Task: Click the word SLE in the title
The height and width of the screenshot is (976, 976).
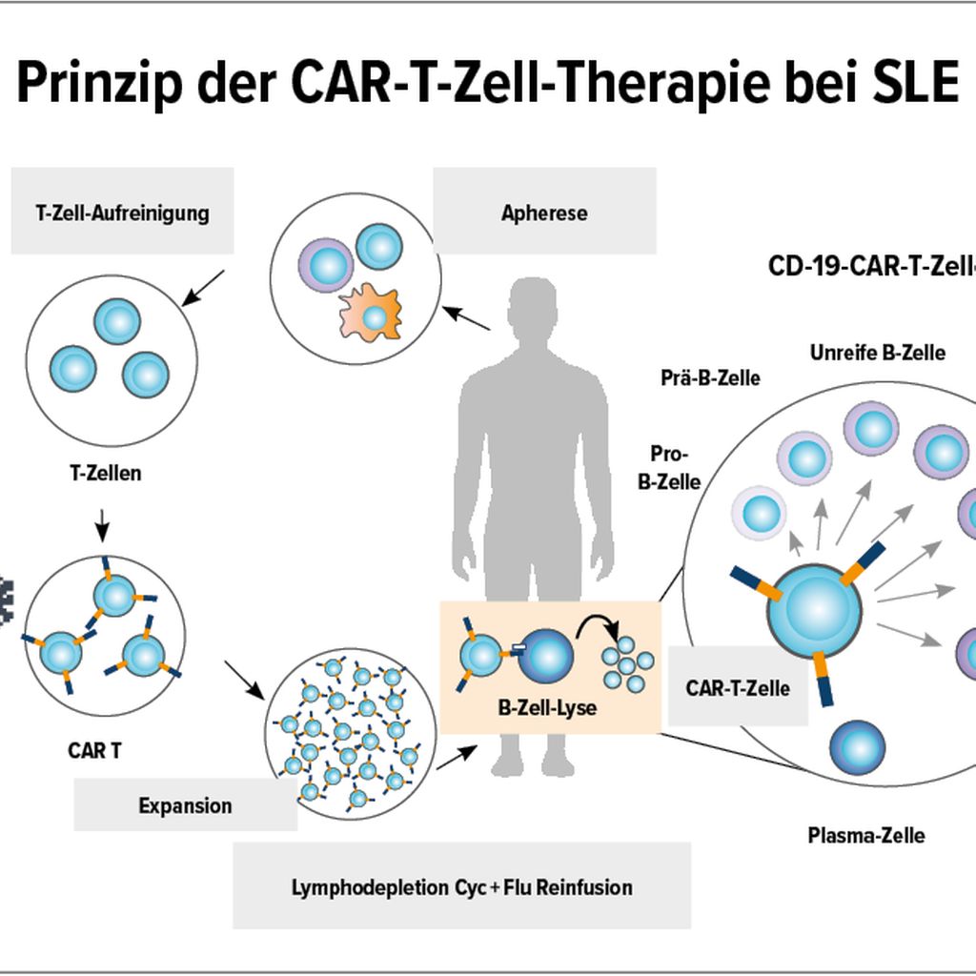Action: coord(916,84)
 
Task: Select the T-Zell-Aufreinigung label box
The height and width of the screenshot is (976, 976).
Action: coord(122,211)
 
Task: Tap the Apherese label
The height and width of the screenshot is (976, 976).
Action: coord(544,212)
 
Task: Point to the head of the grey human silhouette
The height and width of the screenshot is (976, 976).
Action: coord(531,312)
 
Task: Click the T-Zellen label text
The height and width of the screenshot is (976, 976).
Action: coord(105,473)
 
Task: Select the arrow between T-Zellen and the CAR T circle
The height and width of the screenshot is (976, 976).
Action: coord(104,523)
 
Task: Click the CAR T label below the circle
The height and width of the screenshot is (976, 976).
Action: coord(94,749)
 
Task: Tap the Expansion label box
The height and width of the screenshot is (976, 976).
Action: coord(185,805)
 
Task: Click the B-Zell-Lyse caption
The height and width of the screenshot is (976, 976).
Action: coord(547,708)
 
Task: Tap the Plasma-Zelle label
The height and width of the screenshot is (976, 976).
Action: coord(865,836)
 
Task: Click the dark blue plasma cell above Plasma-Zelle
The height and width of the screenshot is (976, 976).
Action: coord(857,747)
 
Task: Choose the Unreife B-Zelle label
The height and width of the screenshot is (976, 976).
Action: coord(878,353)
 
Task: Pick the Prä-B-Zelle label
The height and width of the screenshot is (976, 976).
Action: coord(710,378)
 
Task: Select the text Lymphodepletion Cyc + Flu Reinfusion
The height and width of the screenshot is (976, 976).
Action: coord(461,887)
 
